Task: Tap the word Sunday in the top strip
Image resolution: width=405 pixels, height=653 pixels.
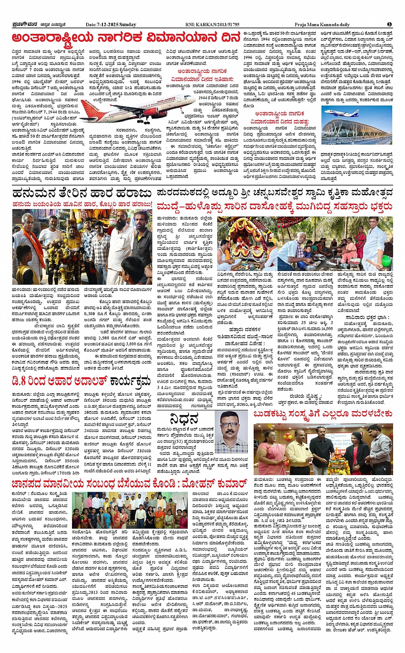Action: click(128, 24)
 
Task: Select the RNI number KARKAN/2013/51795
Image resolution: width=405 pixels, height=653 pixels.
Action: click(218, 24)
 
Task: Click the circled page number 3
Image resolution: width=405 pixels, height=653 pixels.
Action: click(389, 24)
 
